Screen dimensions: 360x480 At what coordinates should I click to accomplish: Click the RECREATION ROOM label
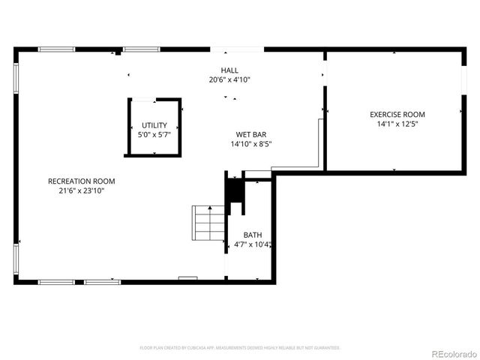coord(82,181)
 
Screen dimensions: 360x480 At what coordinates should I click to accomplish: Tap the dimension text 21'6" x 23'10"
coord(82,190)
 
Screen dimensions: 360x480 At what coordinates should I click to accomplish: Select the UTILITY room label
coord(154,126)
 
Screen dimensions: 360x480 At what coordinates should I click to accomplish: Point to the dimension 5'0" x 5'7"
coord(154,135)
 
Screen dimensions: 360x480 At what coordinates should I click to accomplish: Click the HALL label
coord(229,70)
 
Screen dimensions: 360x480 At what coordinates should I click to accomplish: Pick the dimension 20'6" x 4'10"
coord(229,79)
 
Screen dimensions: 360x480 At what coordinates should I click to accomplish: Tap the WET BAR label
coord(247,135)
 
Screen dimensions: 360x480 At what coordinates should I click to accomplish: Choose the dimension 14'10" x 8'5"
coord(247,144)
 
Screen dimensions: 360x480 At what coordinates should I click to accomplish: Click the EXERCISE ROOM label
coord(397,115)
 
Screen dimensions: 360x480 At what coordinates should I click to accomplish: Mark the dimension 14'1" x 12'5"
coord(397,124)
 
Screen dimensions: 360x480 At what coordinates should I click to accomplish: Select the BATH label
coord(252,235)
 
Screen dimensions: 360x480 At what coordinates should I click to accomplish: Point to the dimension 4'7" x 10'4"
coord(252,244)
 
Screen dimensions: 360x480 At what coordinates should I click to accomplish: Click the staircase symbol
coord(209,223)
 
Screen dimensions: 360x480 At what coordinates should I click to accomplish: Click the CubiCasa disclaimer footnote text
coord(240,348)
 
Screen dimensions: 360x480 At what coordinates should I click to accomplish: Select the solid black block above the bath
coord(235,192)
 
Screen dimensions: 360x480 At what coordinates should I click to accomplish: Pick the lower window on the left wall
coord(16,259)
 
